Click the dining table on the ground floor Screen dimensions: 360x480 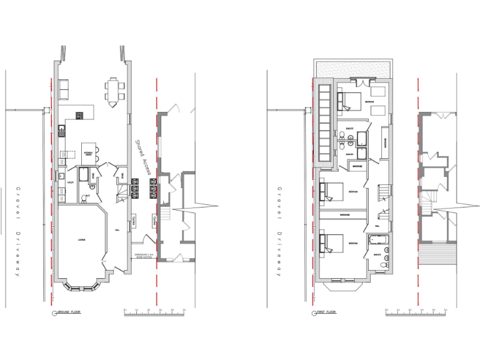[x=113, y=91]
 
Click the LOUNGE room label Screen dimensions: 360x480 [x=81, y=240]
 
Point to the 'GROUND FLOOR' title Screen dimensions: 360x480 [x=68, y=311]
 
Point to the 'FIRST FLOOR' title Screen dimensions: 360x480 [x=325, y=311]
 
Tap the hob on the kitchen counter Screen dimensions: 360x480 [x=80, y=115]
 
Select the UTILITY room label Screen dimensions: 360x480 [x=71, y=182]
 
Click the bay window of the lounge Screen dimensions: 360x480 [x=81, y=287]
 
